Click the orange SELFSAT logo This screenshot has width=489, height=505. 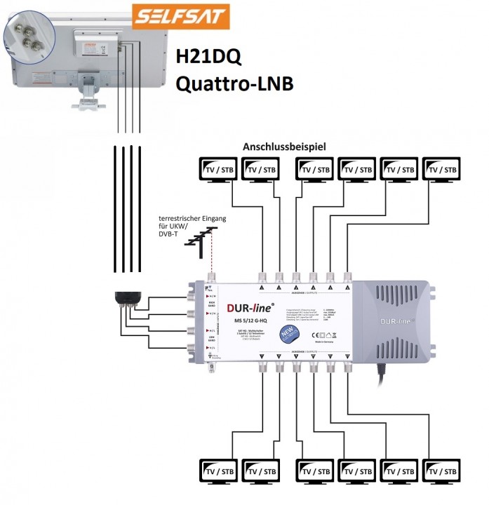point(181,15)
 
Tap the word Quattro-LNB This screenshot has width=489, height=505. point(234,84)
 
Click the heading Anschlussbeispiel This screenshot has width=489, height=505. point(286,148)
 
